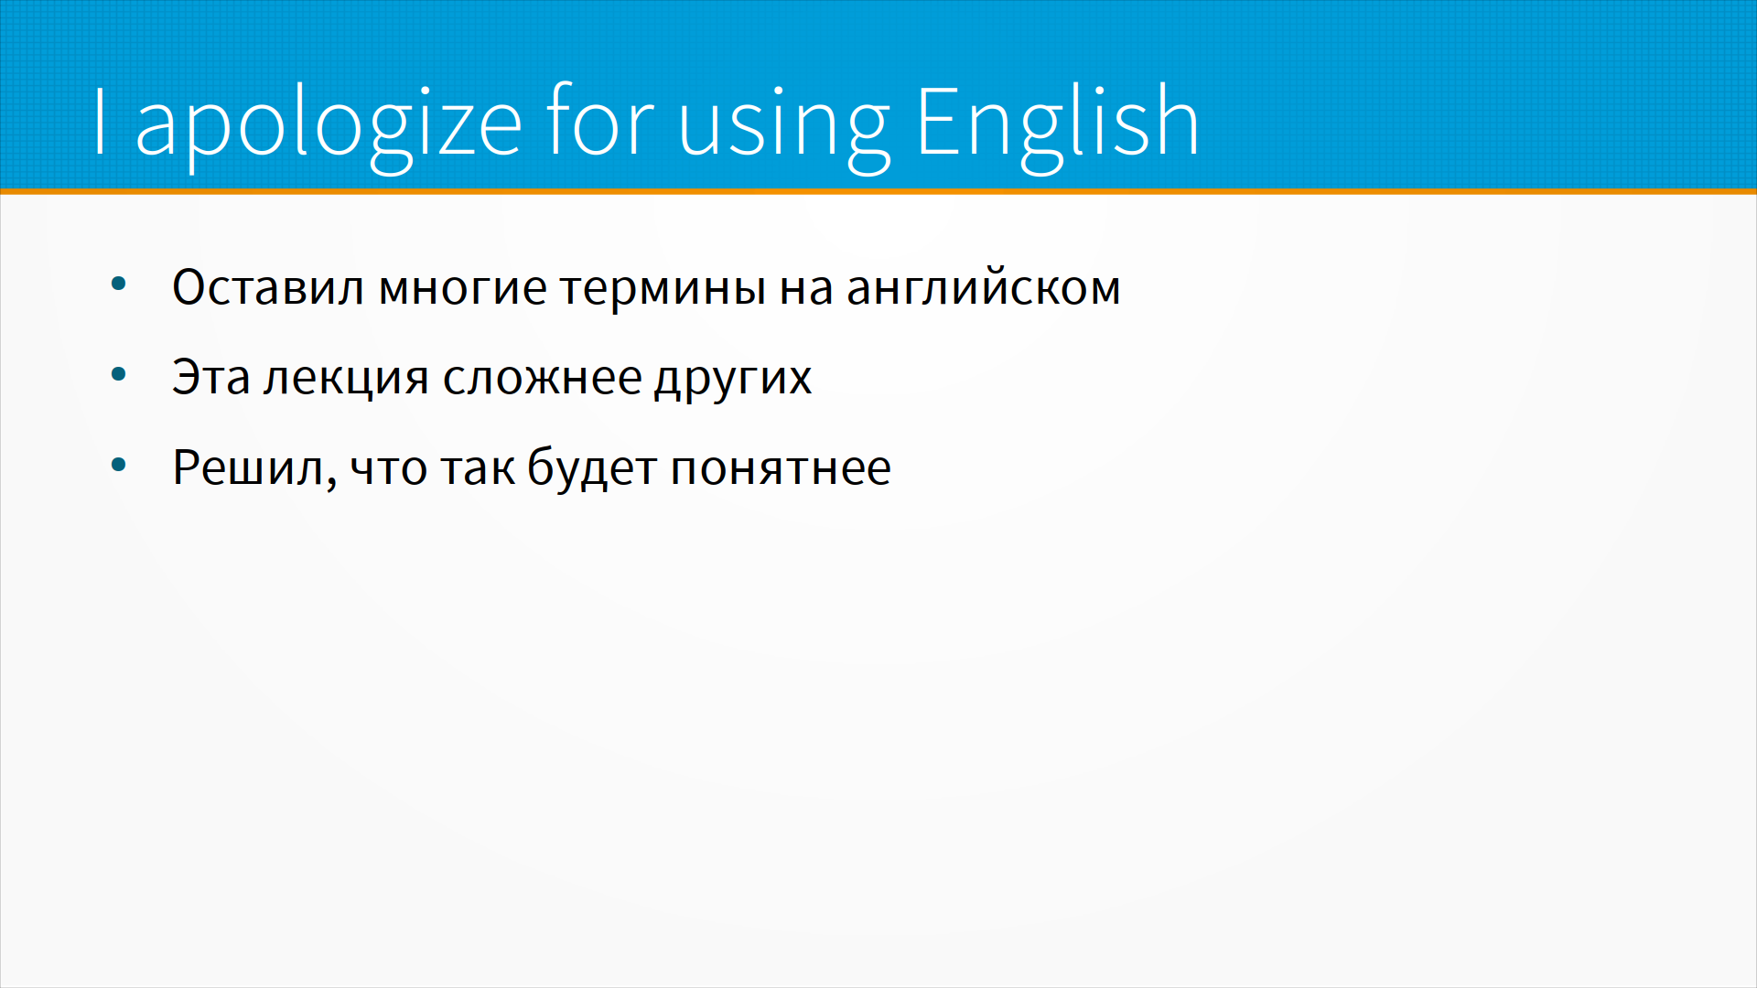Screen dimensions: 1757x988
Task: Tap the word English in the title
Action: [x=1057, y=122]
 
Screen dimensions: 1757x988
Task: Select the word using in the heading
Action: [x=783, y=128]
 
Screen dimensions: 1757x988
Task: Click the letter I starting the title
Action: [x=101, y=122]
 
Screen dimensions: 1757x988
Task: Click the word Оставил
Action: [x=268, y=287]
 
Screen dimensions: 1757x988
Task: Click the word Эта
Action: [x=211, y=377]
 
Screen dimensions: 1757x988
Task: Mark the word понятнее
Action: [x=781, y=468]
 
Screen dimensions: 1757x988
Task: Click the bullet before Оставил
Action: [x=118, y=285]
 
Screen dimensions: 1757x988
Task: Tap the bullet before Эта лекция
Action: [x=118, y=374]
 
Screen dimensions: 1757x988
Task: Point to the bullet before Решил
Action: [x=118, y=466]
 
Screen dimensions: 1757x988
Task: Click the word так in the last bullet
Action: [x=478, y=468]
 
